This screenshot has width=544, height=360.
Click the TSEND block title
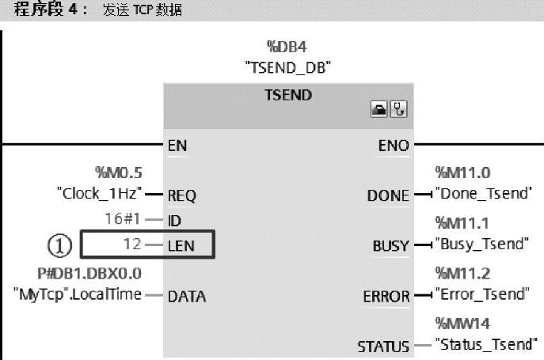pos(288,96)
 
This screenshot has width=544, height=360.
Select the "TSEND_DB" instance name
pos(287,68)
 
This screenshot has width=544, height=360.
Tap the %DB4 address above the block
pos(287,47)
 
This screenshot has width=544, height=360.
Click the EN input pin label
pos(177,146)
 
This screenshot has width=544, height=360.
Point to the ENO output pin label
pos(394,146)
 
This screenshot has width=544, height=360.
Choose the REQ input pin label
pos(181,195)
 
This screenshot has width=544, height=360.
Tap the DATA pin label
pos(187,297)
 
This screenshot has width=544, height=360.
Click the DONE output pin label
pos(388,195)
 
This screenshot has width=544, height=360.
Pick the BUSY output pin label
pos(390,246)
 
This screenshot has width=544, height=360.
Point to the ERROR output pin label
pos(386,297)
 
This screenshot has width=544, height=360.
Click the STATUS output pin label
pos(382,347)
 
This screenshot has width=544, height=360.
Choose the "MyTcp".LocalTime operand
pos(78,295)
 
